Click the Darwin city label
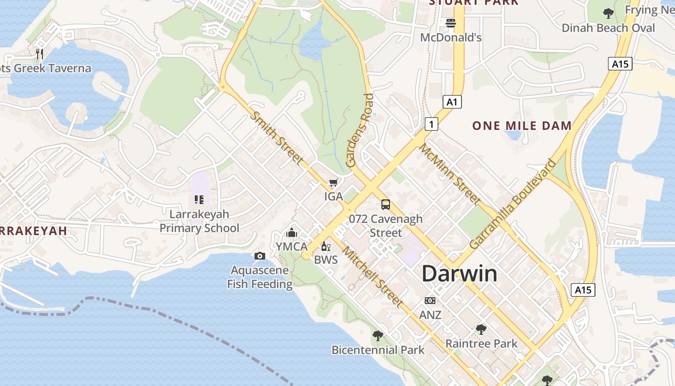point(459,274)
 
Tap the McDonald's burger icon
point(451,23)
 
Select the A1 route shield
point(451,102)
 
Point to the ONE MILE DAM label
point(522,126)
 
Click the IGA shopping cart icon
point(333,183)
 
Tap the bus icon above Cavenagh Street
point(385,204)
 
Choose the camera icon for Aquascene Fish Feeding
point(259,256)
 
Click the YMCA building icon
point(291,234)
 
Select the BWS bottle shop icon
point(326,247)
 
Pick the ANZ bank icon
point(430,301)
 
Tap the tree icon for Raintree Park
point(481,330)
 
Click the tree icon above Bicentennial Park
point(378,335)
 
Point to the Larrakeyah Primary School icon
point(199,199)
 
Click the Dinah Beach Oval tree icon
point(608,13)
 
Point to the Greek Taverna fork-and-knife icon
point(40,54)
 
